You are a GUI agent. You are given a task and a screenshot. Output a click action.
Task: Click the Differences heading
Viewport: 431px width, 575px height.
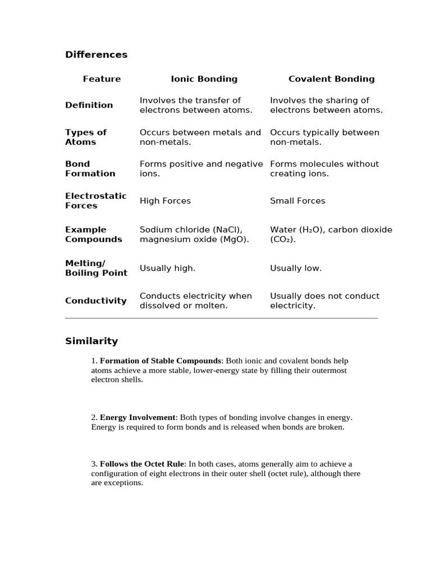96,54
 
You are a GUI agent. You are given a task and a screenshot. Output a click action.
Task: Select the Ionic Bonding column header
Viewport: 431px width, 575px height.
204,79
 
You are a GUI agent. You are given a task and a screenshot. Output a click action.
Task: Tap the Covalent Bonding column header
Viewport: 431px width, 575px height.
331,79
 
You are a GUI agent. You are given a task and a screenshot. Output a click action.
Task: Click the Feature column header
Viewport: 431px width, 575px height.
102,79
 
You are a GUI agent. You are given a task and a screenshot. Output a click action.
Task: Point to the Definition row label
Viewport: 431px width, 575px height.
89,105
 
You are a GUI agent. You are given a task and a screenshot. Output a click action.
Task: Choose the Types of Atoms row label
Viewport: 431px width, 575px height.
85,137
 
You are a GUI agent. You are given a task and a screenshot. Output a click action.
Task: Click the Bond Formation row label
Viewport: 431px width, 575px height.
90,168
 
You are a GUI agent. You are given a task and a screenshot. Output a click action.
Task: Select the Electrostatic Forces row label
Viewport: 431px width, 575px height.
95,200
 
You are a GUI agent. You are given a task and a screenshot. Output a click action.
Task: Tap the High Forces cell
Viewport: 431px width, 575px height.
165,201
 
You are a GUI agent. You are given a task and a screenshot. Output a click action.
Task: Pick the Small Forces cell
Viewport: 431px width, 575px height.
297,201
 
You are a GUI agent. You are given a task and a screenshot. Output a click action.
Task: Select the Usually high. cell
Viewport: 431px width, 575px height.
167,268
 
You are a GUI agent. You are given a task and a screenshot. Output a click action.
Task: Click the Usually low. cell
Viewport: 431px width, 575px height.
296,268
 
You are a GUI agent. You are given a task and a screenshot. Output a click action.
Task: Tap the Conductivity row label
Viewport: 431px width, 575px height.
95,300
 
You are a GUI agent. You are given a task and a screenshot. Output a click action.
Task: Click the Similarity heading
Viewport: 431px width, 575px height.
91,341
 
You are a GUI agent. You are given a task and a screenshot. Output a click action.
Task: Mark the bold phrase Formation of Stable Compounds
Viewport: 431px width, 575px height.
161,361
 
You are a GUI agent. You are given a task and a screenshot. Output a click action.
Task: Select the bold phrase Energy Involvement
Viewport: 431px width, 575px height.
137,418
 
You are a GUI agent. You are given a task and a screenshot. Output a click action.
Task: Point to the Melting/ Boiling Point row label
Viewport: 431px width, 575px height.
96,268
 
